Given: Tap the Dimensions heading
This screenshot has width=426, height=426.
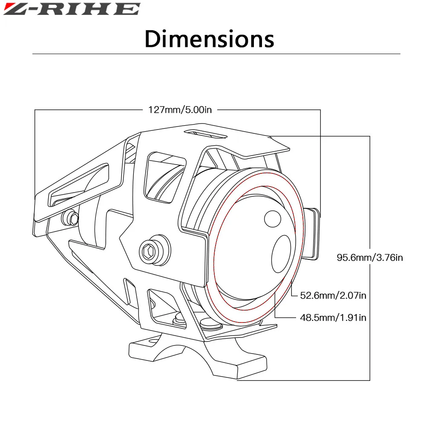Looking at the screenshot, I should (x=209, y=39).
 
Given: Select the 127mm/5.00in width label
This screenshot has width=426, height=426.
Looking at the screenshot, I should (x=180, y=110).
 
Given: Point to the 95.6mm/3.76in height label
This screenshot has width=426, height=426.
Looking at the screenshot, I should (x=370, y=257).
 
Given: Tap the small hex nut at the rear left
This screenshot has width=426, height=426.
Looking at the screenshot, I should (x=71, y=219).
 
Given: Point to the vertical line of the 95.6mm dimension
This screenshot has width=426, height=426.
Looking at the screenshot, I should (x=370, y=192).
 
